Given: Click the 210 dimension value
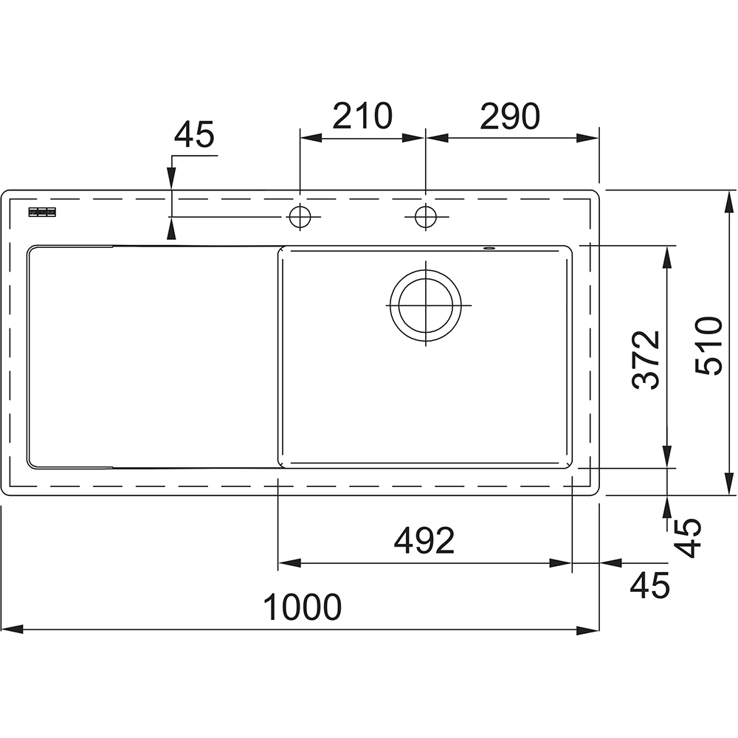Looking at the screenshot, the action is click(x=362, y=116).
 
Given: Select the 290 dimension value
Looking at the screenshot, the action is click(x=510, y=116).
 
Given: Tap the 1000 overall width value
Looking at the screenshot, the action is click(x=302, y=607).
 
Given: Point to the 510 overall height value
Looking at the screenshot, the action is click(x=708, y=345).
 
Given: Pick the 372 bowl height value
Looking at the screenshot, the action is click(x=646, y=360).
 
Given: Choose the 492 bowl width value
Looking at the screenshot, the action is click(x=424, y=541).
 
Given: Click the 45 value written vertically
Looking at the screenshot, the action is click(x=687, y=537).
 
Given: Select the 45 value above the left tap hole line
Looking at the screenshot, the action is click(x=194, y=134).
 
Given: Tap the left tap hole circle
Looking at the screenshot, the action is click(x=300, y=217).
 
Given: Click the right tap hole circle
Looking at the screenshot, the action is click(x=426, y=217).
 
